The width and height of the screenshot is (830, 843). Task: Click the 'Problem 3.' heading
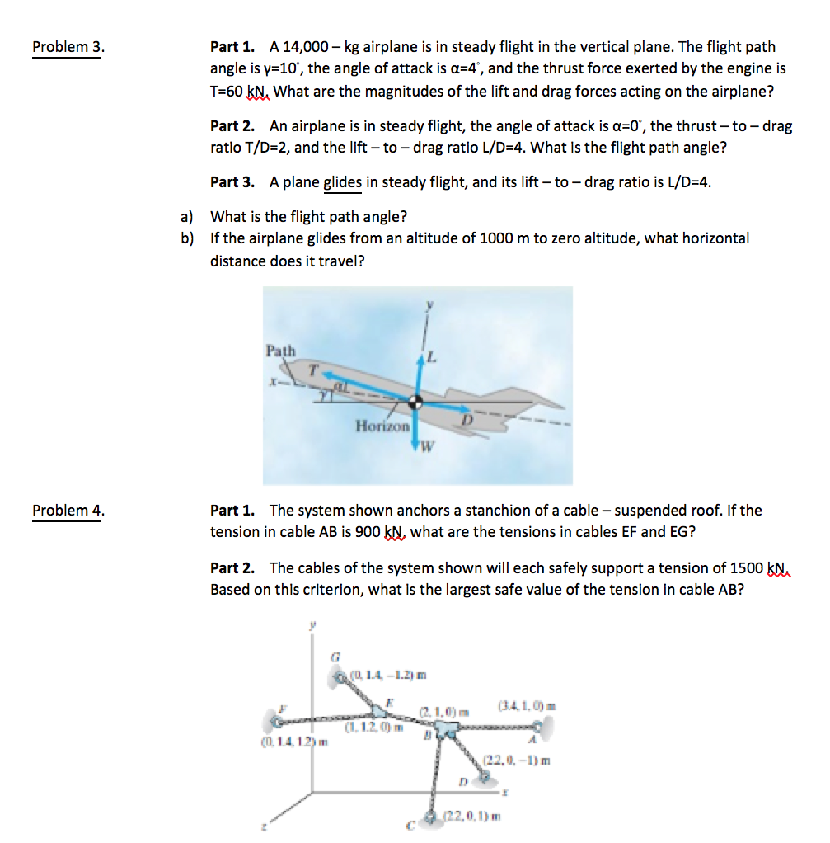coord(68,47)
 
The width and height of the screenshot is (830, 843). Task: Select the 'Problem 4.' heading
coord(68,511)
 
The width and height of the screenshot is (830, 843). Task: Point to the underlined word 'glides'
coord(342,182)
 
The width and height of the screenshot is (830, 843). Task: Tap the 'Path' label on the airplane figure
coord(280,351)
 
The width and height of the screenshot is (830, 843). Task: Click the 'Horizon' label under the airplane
coord(382,426)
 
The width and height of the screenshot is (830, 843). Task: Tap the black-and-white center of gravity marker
coord(417,402)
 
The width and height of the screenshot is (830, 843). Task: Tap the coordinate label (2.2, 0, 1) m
coord(473,817)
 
